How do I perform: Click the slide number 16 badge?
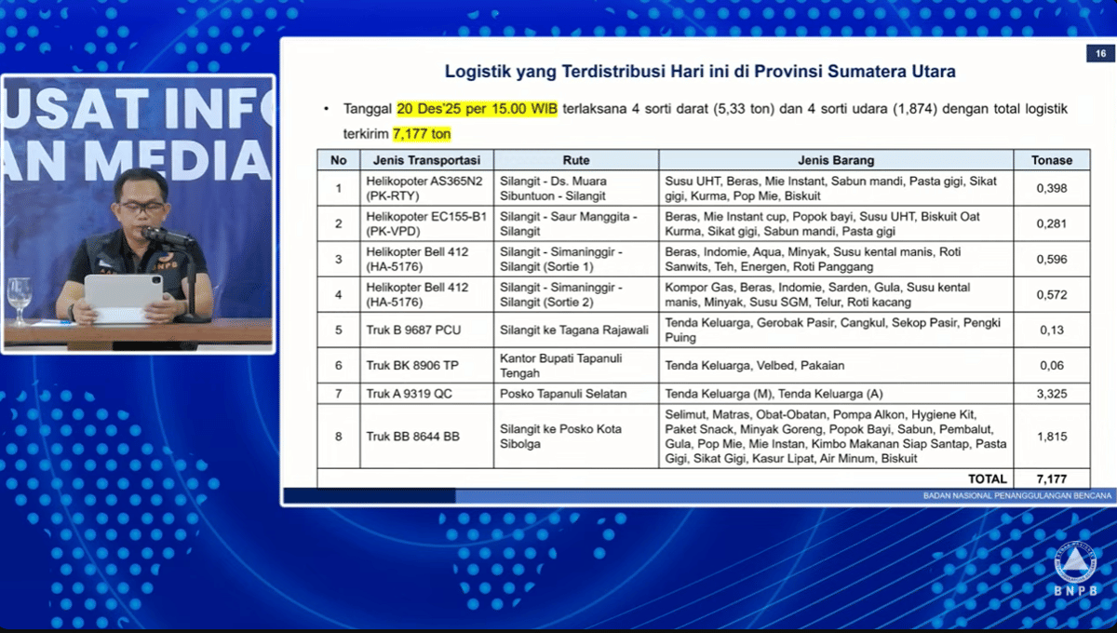(1100, 53)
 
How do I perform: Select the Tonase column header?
(1052, 160)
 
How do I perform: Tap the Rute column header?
(576, 160)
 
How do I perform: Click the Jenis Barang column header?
(836, 160)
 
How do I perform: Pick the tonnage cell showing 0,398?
(1052, 188)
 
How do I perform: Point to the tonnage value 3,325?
(1052, 394)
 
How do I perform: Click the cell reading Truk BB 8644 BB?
(413, 437)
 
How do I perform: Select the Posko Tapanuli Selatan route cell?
(563, 394)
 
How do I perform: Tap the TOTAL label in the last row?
(988, 478)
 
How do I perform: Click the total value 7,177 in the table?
(1052, 478)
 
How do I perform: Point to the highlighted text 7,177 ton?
(422, 134)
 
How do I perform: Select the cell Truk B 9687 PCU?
(413, 330)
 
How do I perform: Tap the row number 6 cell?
(339, 365)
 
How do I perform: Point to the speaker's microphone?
(166, 235)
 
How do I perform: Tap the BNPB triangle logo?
(1075, 564)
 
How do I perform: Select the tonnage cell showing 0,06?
(1052, 365)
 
